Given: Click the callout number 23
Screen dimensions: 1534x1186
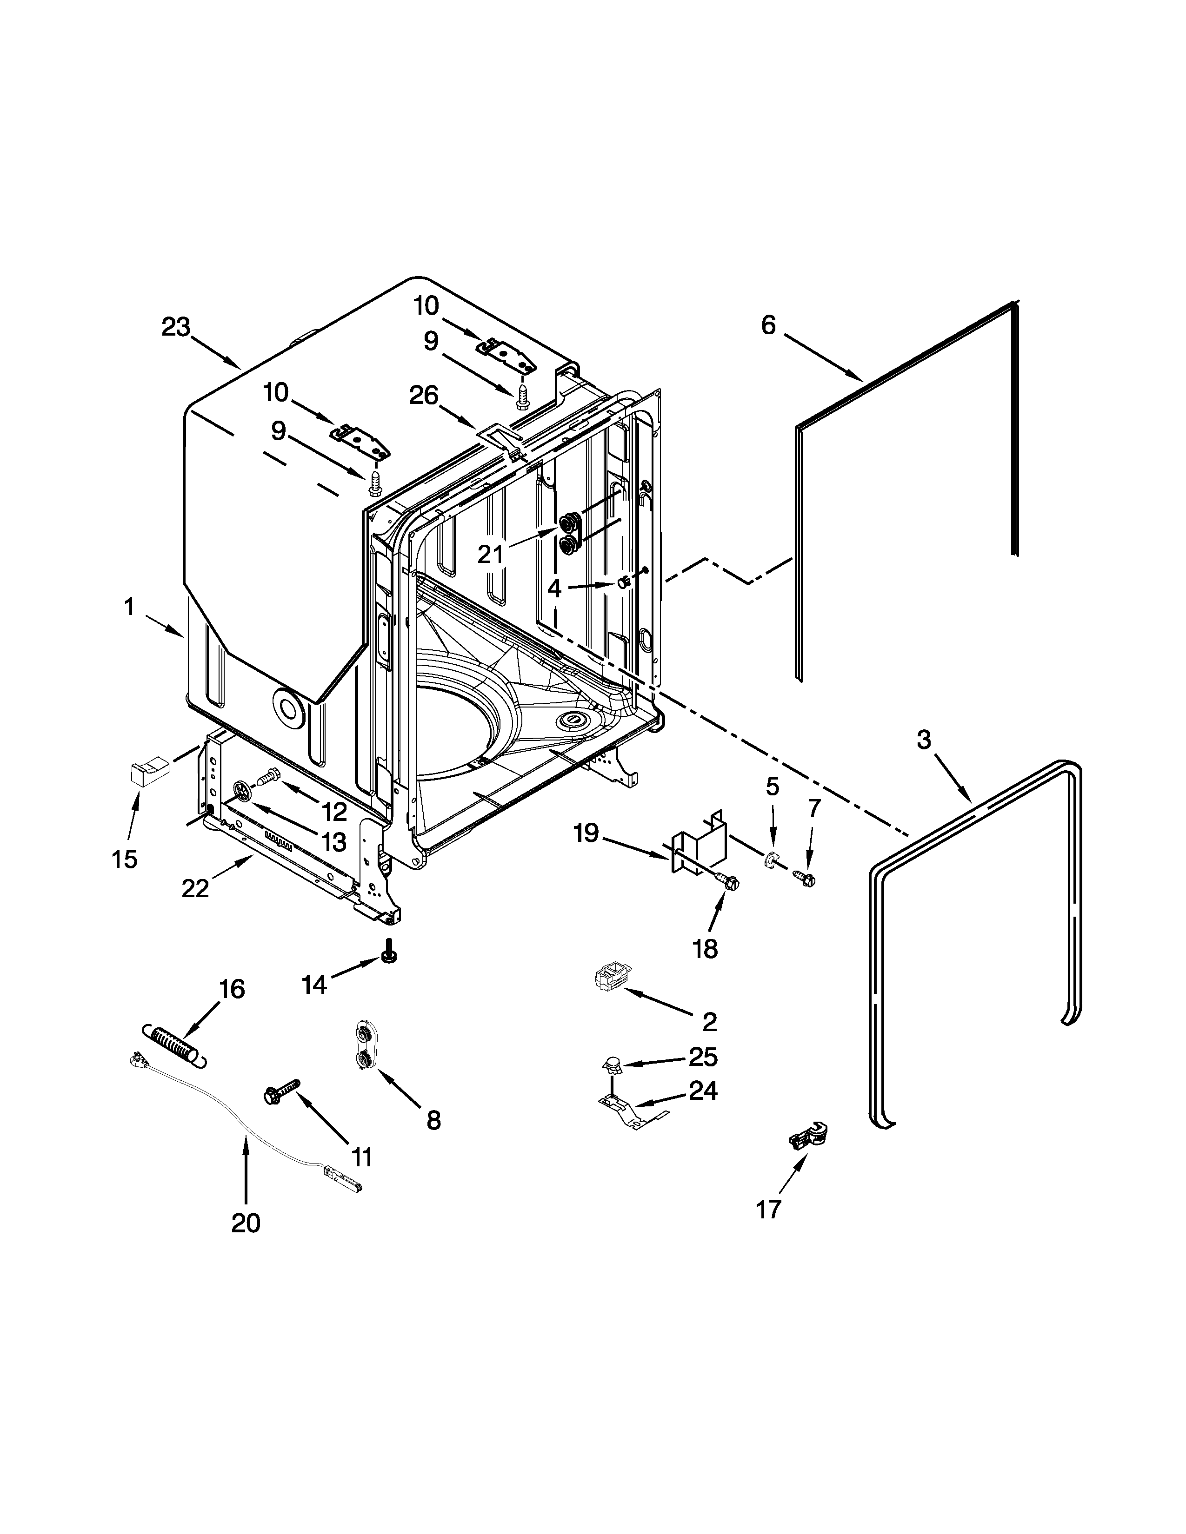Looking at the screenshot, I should click(176, 327).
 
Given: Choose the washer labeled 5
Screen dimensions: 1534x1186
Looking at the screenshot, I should click(771, 858).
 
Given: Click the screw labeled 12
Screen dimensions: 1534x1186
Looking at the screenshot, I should click(268, 778).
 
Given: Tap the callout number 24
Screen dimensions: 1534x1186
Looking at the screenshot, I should click(703, 1090).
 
